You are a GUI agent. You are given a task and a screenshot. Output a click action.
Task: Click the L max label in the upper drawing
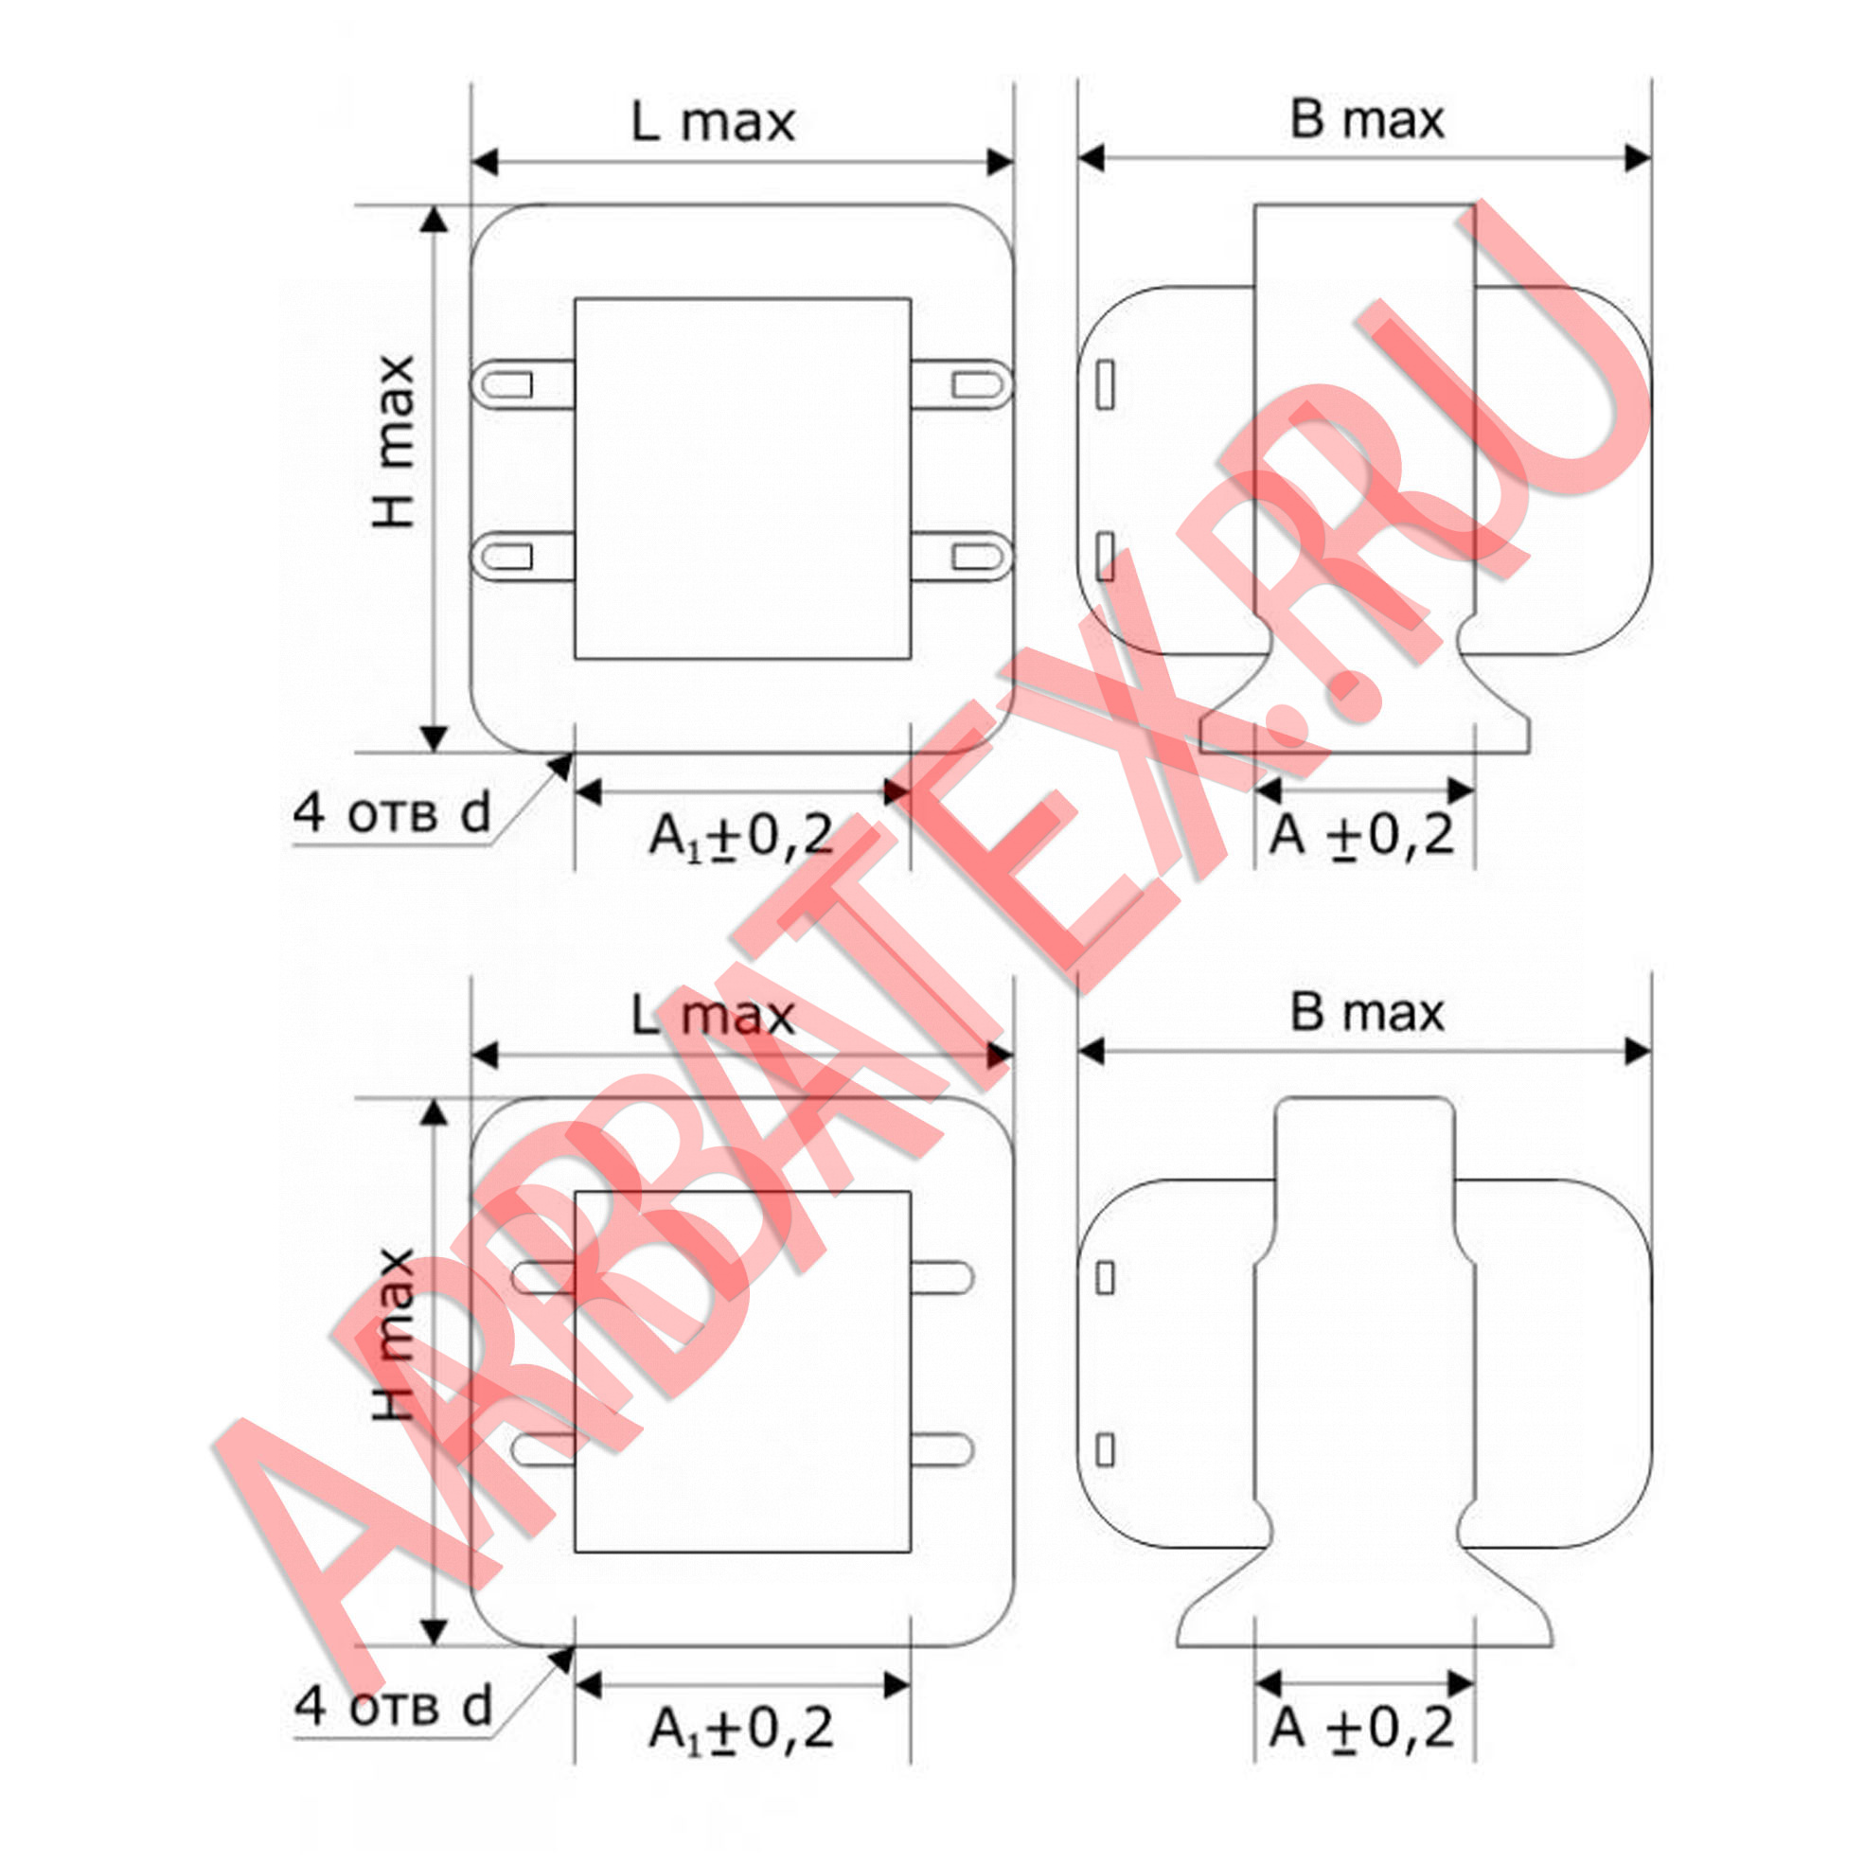[x=713, y=122]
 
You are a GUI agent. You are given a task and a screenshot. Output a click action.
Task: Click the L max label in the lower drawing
[x=713, y=1016]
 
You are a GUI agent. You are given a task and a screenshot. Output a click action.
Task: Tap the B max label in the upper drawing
[x=1367, y=119]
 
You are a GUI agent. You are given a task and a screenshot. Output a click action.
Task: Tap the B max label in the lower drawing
[x=1367, y=1013]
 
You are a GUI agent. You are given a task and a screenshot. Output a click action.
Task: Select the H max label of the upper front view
[x=395, y=442]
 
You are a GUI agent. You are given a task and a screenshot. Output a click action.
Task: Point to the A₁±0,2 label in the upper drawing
[x=741, y=836]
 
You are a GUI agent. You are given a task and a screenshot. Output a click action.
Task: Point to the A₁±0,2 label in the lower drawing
[x=741, y=1728]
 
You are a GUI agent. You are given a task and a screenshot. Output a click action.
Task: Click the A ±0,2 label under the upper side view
[x=1361, y=835]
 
